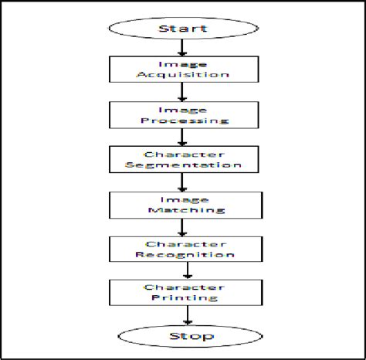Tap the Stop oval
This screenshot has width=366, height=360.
185,336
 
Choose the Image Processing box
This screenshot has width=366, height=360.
183,115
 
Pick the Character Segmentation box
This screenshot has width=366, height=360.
183,160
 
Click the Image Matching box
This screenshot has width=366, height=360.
183,204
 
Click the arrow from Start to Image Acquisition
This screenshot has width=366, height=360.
183,49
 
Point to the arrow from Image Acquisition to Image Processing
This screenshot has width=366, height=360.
183,93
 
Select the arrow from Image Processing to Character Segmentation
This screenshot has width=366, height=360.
183,138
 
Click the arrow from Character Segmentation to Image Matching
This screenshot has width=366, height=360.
183,182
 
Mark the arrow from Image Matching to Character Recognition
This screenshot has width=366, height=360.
183,226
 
